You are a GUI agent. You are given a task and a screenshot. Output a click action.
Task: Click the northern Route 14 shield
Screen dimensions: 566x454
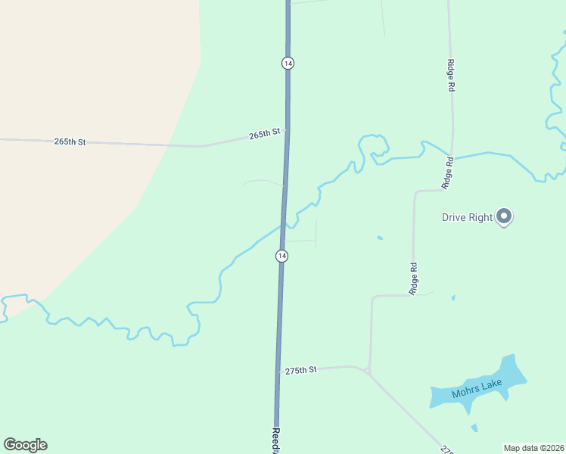coord(288,63)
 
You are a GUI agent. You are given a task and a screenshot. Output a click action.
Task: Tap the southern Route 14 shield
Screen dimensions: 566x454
coord(281,257)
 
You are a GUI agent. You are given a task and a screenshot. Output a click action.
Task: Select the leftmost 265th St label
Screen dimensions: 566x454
coord(70,141)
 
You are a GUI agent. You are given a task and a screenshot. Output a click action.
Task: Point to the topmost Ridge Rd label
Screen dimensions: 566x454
coord(450,76)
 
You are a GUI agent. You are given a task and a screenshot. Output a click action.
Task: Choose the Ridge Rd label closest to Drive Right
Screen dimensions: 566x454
coord(448,173)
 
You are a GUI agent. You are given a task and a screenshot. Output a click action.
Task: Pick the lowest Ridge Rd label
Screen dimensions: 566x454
coord(413,278)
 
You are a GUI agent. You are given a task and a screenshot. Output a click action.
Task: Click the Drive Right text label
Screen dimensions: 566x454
coord(468,218)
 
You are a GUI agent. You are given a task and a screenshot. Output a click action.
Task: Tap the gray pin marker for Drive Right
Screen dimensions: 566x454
coord(505,217)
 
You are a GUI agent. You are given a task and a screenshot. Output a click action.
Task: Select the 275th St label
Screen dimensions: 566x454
coord(300,370)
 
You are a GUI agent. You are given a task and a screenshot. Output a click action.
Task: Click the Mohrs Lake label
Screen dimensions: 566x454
coord(477,390)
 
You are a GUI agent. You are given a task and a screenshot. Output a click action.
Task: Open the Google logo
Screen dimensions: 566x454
coord(25,445)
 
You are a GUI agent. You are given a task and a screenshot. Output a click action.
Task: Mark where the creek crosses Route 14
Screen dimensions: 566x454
coord(284,224)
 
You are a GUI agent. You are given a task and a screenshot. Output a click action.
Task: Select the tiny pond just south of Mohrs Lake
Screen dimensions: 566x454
coord(474,428)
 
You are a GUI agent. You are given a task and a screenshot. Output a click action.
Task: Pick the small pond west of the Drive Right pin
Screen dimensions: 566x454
coord(379,238)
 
